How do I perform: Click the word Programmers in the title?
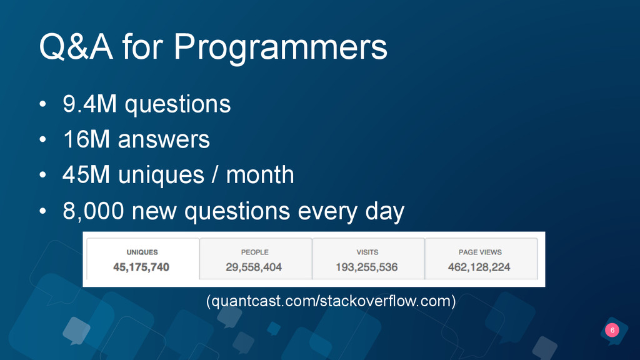(x=280, y=48)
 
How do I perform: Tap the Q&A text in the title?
(x=76, y=46)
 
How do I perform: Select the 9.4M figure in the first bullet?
(x=90, y=104)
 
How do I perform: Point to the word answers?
(x=164, y=139)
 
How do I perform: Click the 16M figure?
(x=86, y=139)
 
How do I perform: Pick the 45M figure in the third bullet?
(x=86, y=175)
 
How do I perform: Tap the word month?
(x=260, y=175)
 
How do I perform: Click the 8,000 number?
(x=94, y=211)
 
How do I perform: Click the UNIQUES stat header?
(x=142, y=252)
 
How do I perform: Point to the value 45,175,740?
(x=141, y=267)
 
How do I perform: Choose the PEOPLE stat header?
(x=255, y=252)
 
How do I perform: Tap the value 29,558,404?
(x=254, y=267)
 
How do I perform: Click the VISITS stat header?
(x=367, y=252)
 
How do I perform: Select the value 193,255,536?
(x=366, y=267)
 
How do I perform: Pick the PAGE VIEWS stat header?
(x=480, y=252)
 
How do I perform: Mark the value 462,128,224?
(x=479, y=267)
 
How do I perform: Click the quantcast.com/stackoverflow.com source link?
(x=331, y=301)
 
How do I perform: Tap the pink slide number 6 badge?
(x=612, y=330)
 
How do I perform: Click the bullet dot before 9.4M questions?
(x=43, y=104)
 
